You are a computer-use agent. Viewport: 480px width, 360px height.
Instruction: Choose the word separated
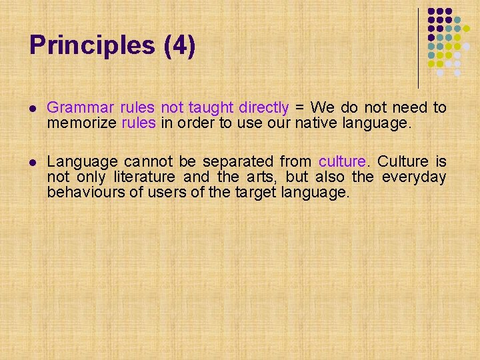(x=235, y=161)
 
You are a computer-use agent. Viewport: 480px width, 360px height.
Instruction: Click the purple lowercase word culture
(x=343, y=161)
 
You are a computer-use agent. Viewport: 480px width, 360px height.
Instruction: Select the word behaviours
(x=83, y=192)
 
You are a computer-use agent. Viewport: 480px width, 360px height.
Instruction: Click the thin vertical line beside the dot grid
(x=419, y=47)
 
